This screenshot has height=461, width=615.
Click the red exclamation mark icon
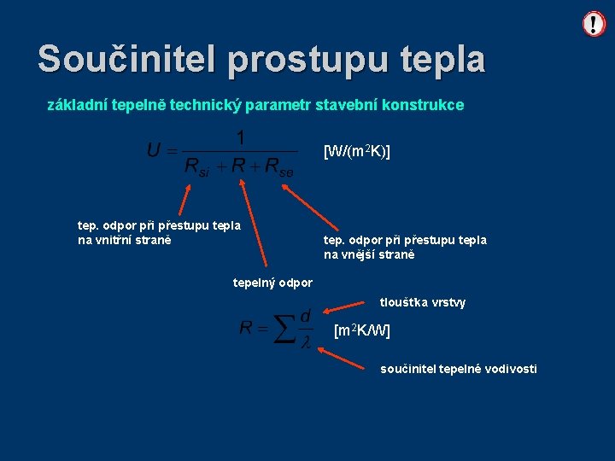(x=593, y=24)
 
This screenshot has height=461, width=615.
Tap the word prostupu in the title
(x=310, y=59)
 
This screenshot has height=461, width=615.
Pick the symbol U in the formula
(x=154, y=151)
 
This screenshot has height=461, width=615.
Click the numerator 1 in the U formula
(x=241, y=137)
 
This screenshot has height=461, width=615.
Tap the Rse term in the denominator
(x=278, y=167)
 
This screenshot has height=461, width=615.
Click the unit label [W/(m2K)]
(x=357, y=152)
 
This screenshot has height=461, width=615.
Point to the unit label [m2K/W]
(x=362, y=330)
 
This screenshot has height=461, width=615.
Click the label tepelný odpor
(x=272, y=283)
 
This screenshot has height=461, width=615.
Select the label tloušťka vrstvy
(x=423, y=302)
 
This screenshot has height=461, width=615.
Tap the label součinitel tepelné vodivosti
(x=459, y=369)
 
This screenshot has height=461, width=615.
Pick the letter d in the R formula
(x=305, y=315)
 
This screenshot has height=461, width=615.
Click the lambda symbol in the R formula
(x=305, y=341)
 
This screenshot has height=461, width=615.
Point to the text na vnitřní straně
(x=125, y=240)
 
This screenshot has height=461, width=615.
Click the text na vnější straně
(x=368, y=254)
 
